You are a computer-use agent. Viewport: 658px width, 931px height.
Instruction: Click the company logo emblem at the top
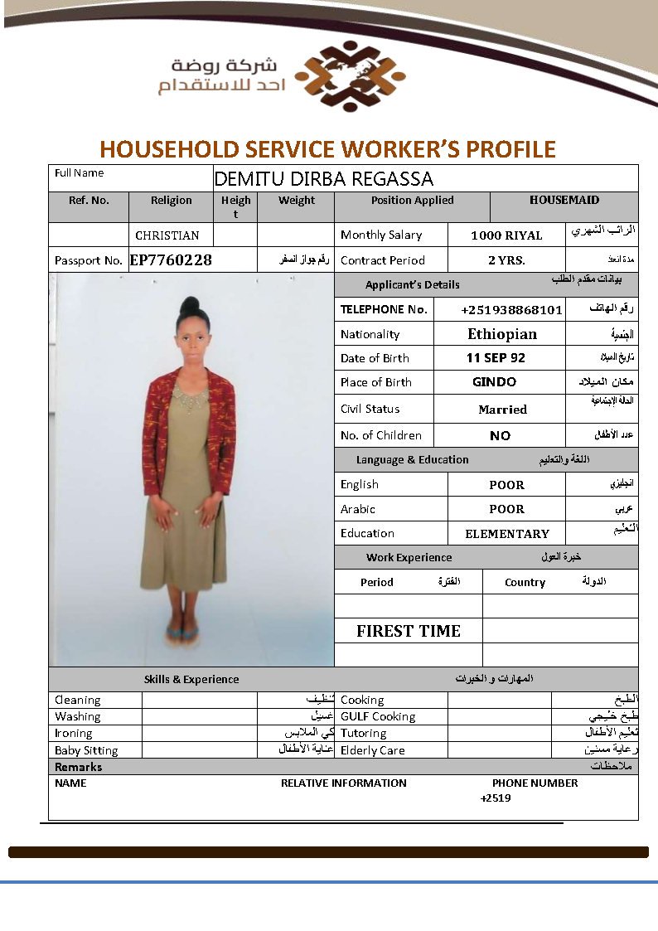point(350,76)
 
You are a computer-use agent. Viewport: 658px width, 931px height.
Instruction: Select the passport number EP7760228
point(171,260)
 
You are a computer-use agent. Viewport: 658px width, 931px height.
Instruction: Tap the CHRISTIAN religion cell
point(167,235)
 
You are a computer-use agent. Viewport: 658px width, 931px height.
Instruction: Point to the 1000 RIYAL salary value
point(506,235)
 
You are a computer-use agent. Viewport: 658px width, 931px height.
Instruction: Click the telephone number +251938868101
point(511,310)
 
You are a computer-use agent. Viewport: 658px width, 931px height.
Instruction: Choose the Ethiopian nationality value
point(502,334)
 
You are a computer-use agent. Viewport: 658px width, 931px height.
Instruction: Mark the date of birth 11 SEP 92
point(496,358)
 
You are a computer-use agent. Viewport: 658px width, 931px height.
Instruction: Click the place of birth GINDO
point(494,382)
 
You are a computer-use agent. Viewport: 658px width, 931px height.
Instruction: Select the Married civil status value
point(502,410)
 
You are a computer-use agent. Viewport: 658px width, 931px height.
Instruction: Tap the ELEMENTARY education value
point(507,534)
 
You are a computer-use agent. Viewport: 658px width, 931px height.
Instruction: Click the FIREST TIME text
point(409,631)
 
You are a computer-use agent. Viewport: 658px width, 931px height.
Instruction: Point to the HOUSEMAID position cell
point(564,200)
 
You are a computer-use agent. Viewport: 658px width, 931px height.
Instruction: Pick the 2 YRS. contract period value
point(506,260)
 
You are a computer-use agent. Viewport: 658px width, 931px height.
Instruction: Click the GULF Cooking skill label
point(378,717)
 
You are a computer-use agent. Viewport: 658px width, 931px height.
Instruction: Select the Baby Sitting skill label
point(86,750)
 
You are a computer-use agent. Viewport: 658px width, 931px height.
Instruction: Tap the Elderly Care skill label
point(373,750)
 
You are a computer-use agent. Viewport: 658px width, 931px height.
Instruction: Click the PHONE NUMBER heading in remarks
point(535,783)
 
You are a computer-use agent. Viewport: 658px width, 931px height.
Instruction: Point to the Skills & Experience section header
point(191,680)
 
